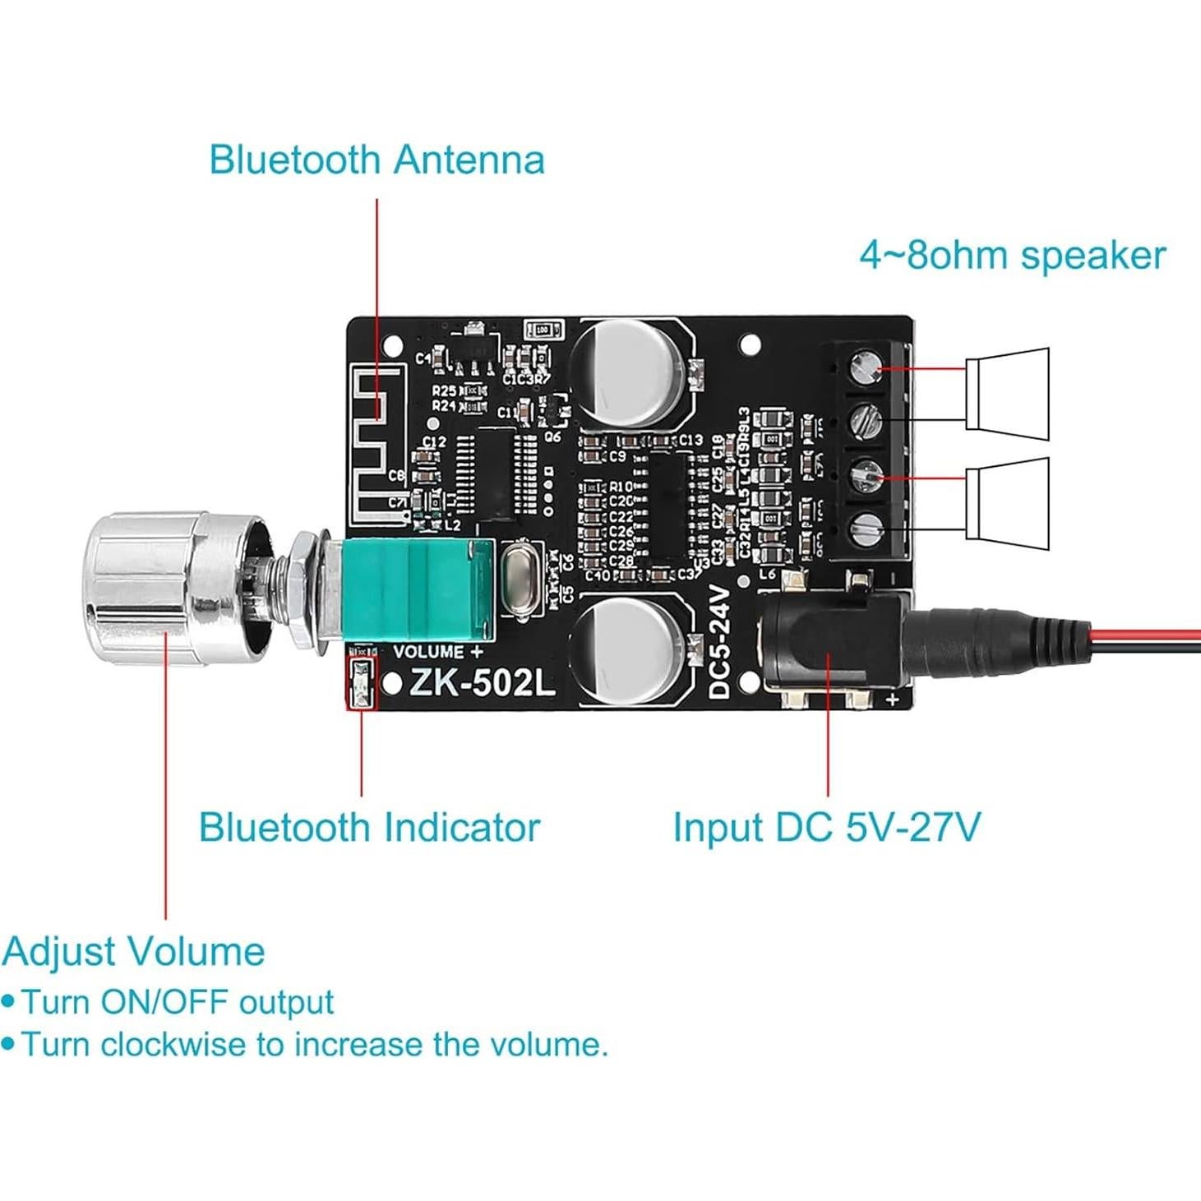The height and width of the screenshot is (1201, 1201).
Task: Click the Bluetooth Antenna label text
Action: [376, 159]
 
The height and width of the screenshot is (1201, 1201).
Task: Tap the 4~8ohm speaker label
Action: [1012, 256]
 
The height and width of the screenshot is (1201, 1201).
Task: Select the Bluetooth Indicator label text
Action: [369, 828]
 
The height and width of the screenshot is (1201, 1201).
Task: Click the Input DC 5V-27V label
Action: [826, 828]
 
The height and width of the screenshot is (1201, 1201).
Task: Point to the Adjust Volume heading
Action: [134, 952]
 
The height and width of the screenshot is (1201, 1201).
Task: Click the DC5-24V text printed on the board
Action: [719, 642]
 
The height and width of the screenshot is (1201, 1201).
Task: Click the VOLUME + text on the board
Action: [438, 652]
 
